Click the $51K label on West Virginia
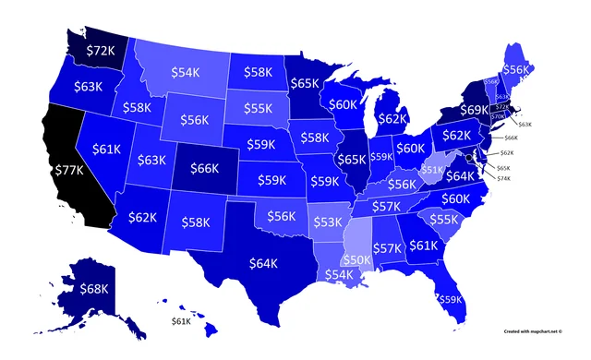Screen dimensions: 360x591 point(432,170)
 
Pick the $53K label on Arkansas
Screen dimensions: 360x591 point(326,222)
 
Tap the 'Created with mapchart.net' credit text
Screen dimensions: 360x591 point(535,329)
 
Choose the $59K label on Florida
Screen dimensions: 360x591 point(449,298)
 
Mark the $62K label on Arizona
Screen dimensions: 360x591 point(142,219)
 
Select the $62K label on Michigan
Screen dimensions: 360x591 point(392,117)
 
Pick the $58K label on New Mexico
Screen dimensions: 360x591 point(196,222)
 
